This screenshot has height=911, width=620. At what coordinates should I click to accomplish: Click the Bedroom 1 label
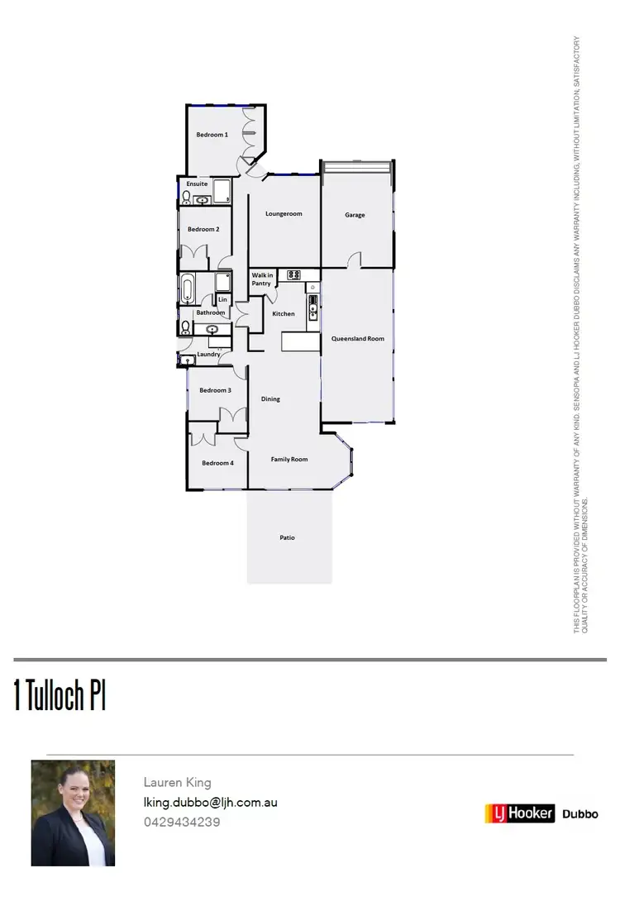click(212, 134)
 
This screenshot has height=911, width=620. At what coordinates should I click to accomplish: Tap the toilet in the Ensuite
click(186, 198)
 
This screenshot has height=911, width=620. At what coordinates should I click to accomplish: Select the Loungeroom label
click(284, 214)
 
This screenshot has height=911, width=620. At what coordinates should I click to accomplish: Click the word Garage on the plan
click(355, 215)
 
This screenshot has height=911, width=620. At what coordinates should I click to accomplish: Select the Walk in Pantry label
click(261, 279)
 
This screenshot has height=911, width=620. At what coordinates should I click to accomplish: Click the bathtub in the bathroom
click(188, 289)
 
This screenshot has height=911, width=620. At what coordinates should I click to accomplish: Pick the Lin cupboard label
click(222, 299)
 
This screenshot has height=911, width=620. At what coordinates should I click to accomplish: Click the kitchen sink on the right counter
click(312, 311)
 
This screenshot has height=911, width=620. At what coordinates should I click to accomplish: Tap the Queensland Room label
click(357, 339)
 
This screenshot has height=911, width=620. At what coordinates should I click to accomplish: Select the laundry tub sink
click(188, 360)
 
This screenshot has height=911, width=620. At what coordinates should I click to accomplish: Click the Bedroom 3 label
click(215, 390)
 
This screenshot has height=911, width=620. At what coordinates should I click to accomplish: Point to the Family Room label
click(289, 460)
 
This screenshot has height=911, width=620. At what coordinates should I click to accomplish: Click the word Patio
click(287, 538)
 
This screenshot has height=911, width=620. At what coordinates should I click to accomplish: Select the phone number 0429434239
click(182, 823)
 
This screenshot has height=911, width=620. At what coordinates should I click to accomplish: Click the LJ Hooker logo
click(519, 813)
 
